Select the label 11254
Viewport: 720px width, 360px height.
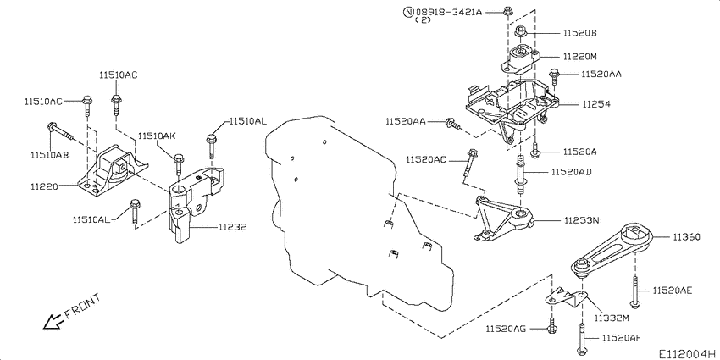pos(596,104)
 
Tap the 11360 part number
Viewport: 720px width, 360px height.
pos(686,237)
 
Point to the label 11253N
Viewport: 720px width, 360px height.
pos(583,220)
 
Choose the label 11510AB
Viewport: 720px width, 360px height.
pos(50,155)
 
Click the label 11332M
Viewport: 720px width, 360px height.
pos(612,318)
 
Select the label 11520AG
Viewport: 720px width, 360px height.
pos(506,328)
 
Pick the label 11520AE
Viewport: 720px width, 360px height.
pos(673,291)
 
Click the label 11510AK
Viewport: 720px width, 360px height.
pos(158,136)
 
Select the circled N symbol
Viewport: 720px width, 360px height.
pos(408,12)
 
